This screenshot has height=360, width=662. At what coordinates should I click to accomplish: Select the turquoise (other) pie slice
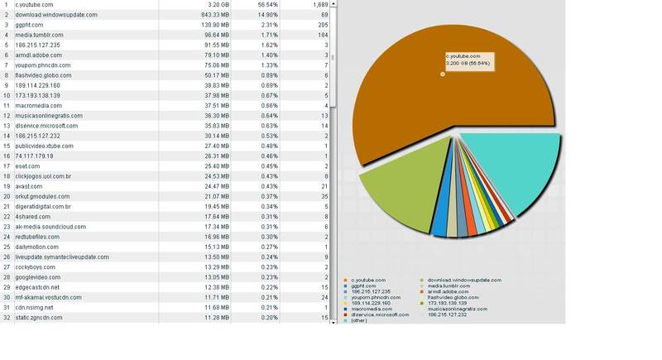pos(509,174)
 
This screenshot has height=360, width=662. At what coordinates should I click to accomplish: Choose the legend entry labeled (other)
pos(359,320)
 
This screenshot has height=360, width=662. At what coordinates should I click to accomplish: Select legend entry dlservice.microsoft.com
pos(380,314)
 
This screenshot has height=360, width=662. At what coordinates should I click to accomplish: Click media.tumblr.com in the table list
pos(39,36)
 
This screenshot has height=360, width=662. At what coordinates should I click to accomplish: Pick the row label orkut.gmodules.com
pos(44,196)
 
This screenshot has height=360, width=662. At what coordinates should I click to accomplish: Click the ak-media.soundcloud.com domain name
pos(50,227)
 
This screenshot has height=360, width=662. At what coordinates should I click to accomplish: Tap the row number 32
pos(7,317)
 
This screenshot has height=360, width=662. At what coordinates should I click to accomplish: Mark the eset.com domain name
pos(27,166)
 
